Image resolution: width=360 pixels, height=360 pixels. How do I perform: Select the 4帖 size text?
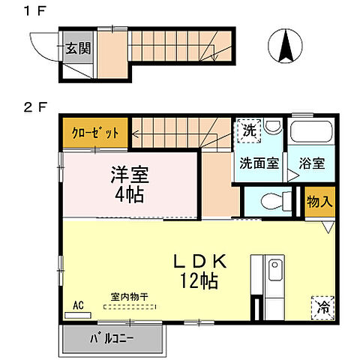coord(130,196)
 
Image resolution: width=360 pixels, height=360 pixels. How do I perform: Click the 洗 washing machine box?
coord(247,129)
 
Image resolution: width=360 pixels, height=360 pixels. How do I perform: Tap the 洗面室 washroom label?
coord(259,162)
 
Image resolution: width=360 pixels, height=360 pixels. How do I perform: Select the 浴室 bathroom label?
coord(310,162)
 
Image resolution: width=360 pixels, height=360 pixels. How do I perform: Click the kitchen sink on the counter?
coord(274,268)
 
